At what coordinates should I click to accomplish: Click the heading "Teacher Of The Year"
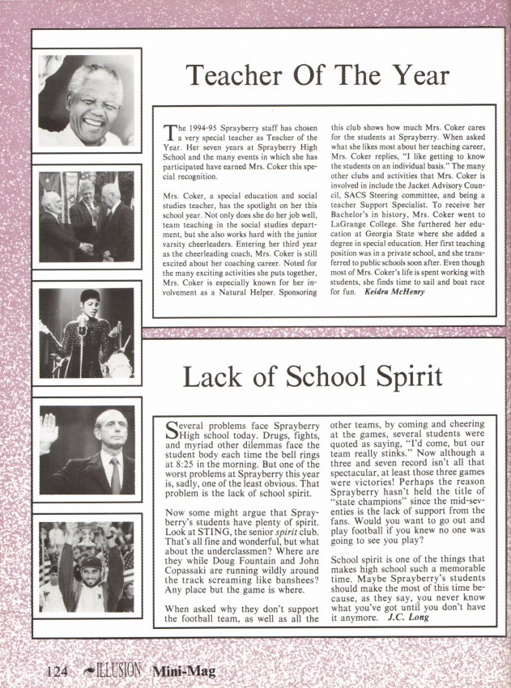click(x=317, y=75)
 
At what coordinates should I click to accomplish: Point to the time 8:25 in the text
click(x=181, y=467)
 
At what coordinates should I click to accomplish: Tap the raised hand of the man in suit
click(x=50, y=431)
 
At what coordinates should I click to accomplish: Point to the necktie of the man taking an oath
click(x=115, y=474)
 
